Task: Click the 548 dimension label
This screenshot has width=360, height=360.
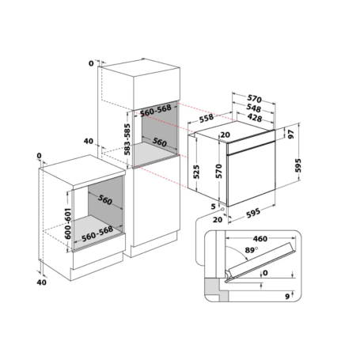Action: (254, 108)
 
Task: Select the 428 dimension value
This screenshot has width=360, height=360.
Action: (255, 118)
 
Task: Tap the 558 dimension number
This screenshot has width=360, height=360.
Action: (207, 118)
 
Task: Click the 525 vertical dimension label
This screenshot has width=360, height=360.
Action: (196, 172)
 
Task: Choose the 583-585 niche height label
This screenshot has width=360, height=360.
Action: (127, 139)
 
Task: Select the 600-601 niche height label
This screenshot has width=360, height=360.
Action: (68, 223)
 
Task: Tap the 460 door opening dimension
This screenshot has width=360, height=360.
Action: (260, 239)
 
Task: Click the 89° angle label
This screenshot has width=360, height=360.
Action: (252, 249)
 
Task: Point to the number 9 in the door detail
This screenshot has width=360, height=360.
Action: (287, 297)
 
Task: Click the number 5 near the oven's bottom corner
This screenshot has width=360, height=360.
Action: (213, 207)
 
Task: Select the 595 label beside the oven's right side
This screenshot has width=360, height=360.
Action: (297, 165)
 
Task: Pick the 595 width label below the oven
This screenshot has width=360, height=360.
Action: (253, 213)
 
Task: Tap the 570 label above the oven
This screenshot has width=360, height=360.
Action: (255, 99)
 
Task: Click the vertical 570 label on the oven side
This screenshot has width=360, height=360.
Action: (219, 171)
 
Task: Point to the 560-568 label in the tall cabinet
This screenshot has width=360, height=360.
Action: (156, 111)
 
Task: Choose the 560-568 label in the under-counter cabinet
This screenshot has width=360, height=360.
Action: (97, 234)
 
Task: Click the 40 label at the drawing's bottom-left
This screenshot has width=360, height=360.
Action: (42, 282)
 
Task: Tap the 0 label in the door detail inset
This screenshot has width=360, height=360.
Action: (265, 273)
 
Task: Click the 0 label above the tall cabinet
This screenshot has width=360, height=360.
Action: (91, 63)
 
